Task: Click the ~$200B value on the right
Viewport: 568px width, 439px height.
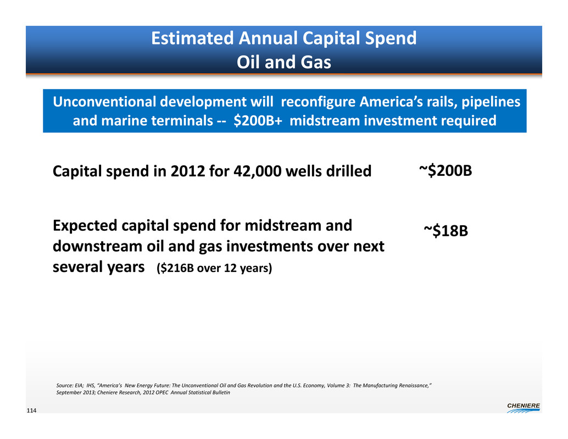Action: [446, 170]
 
